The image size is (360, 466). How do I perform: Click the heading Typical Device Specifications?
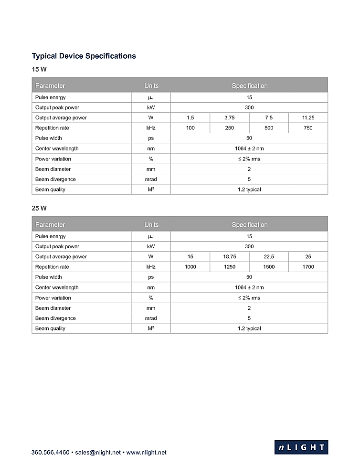pos(84,56)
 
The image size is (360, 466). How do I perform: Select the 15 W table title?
pos(39,69)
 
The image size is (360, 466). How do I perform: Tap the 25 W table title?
pos(39,208)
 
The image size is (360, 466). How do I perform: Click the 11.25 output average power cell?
pos(308,117)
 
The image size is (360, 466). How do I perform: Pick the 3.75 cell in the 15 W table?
pos(229,117)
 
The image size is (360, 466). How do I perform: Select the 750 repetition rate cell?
pos(308,128)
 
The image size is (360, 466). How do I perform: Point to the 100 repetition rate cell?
pos(190,128)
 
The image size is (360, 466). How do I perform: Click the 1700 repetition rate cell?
pos(308,267)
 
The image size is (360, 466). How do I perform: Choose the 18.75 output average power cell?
pos(229,256)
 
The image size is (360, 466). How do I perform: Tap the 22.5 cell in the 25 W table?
pos(269,256)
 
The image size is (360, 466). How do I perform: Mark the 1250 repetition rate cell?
pos(229,267)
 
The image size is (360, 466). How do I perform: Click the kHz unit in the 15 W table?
pos(151,128)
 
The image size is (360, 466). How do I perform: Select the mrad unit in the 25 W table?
pos(151,318)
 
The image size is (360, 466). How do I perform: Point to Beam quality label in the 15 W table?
pos(50,190)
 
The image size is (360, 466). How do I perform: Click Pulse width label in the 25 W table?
pos(49,277)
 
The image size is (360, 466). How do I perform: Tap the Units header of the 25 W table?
pos(151,224)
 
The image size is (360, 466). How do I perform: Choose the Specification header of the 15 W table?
pos(249,85)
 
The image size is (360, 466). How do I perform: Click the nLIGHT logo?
pos(301,447)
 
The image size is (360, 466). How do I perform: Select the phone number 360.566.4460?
pos(50,452)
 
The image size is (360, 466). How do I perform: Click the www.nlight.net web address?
pos(146,452)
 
